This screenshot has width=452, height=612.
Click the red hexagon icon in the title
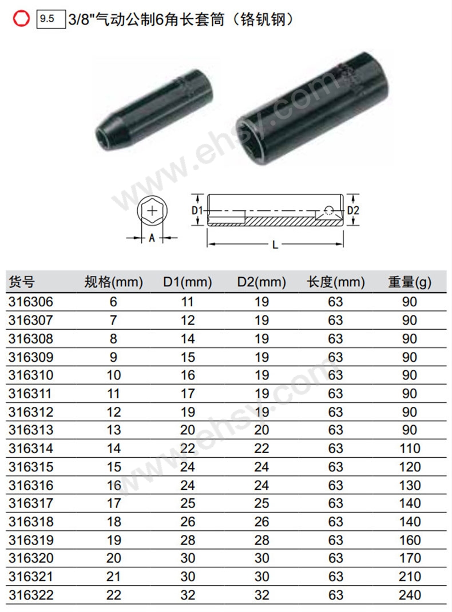[x=21, y=18]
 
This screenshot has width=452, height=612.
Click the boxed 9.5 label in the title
[x=51, y=19]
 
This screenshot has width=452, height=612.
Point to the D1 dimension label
[x=197, y=211]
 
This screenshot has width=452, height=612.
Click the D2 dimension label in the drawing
[x=353, y=210]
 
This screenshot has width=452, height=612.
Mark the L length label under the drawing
[x=275, y=245]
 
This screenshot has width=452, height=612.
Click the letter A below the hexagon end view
[x=152, y=238]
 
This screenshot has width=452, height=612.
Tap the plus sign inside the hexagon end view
[x=152, y=211]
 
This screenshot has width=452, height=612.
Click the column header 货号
[x=22, y=281]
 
